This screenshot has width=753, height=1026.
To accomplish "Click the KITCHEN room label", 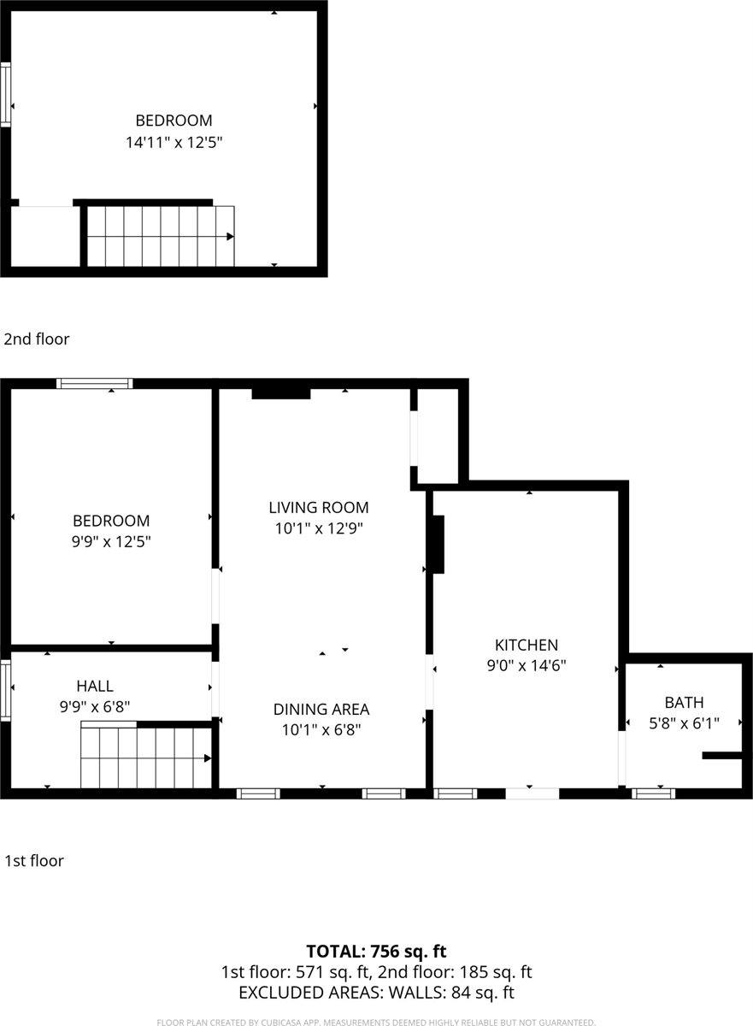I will click(x=527, y=645).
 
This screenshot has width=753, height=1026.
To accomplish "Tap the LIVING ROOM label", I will click(x=319, y=507).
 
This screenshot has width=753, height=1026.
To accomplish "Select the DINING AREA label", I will click(x=321, y=709).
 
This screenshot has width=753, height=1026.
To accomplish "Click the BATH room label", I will click(x=684, y=702).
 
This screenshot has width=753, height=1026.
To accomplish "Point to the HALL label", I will click(x=94, y=685).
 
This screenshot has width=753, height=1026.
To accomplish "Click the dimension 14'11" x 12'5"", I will click(x=174, y=142).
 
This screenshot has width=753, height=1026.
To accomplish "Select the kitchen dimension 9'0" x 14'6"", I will click(x=527, y=665).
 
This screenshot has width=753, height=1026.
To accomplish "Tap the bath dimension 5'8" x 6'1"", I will click(x=684, y=722).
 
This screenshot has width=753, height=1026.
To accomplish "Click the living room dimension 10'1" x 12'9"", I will click(x=319, y=528).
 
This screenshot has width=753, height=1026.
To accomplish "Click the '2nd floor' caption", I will click(x=37, y=339).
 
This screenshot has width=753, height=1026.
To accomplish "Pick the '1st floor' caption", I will click(x=34, y=860).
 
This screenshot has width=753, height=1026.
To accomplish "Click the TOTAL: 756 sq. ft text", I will click(x=376, y=951).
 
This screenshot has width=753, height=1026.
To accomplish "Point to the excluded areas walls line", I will click(x=376, y=993).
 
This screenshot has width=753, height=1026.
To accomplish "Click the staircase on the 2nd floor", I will click(x=161, y=236).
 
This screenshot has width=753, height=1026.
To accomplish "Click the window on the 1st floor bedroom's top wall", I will click(x=94, y=383).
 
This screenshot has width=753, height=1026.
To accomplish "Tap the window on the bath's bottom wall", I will click(x=653, y=793).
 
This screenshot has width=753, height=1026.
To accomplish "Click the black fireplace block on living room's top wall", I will click(x=280, y=392).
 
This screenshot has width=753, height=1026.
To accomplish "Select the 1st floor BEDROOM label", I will click(x=111, y=520).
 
